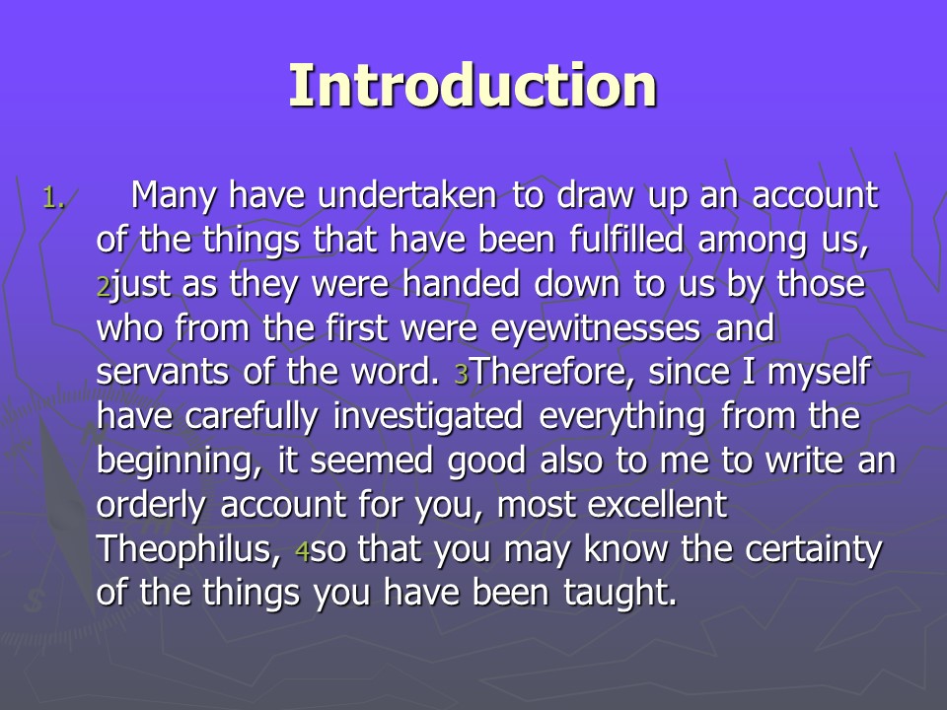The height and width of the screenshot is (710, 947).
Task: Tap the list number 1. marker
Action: pyautogui.click(x=53, y=197)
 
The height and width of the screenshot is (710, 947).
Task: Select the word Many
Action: pyautogui.click(x=174, y=196)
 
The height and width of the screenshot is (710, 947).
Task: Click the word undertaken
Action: pyautogui.click(x=407, y=195)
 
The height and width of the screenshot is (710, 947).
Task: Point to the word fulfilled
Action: pyautogui.click(x=626, y=239)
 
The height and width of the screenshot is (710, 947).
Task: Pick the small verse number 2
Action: pyautogui.click(x=104, y=287)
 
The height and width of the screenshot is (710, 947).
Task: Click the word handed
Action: pyautogui.click(x=461, y=283)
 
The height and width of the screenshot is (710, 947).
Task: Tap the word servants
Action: pyautogui.click(x=162, y=372)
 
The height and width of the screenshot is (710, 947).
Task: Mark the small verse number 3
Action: pyautogui.click(x=462, y=375)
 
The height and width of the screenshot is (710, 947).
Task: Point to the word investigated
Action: pyautogui.click(x=428, y=417)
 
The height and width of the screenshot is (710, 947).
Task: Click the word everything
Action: pyautogui.click(x=622, y=417)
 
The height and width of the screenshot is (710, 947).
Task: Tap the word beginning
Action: pyautogui.click(x=179, y=461)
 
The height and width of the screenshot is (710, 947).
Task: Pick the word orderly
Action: pyautogui.click(x=151, y=506)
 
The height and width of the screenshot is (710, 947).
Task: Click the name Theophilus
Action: pyautogui.click(x=188, y=549)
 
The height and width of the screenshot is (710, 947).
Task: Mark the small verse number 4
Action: pyautogui.click(x=302, y=551)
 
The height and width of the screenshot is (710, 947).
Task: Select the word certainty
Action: pyautogui.click(x=814, y=550)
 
